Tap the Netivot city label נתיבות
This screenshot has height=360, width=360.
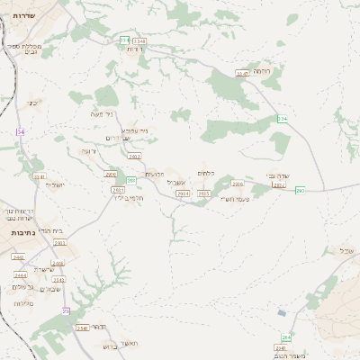(x=23, y=232)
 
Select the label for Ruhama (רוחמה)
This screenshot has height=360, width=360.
(x=262, y=70)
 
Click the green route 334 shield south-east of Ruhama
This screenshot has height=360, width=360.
(x=282, y=119)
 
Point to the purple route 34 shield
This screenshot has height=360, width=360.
(x=20, y=132)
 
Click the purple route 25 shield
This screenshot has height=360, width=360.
(x=65, y=310)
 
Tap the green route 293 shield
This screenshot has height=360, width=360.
(x=300, y=191)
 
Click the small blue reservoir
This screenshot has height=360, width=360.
(x=283, y=313)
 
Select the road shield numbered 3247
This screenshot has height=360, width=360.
(x=241, y=74)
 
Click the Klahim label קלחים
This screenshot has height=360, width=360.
(x=204, y=173)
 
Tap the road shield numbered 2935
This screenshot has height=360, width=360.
(x=203, y=193)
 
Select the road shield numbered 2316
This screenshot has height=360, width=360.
(x=238, y=184)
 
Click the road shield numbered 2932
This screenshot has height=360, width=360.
(x=111, y=174)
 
